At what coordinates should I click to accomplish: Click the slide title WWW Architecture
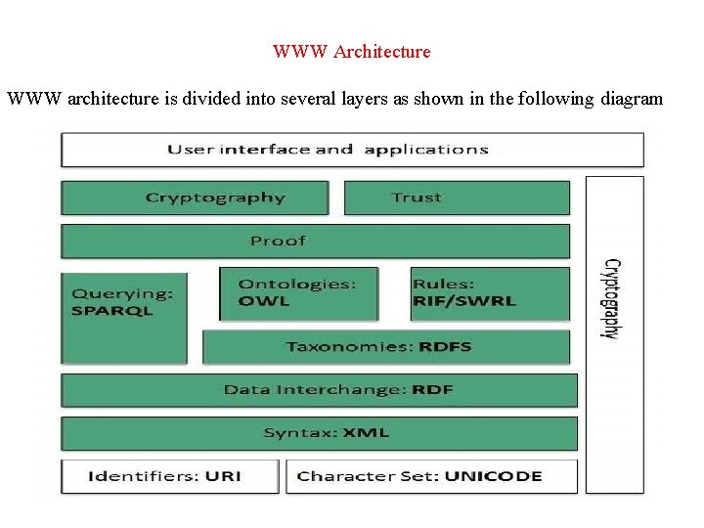(351, 51)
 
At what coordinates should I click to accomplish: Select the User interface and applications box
(352, 150)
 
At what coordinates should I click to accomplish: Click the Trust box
(456, 198)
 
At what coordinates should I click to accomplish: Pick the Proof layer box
(315, 241)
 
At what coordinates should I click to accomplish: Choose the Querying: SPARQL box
(123, 318)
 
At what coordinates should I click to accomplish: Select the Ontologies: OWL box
(298, 293)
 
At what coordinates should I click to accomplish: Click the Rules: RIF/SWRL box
(489, 293)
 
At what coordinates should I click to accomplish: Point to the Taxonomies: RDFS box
(385, 346)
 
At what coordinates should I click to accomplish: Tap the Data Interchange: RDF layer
(319, 389)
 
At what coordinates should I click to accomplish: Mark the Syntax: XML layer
(319, 432)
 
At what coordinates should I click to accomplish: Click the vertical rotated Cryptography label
(610, 298)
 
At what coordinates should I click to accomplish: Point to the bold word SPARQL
(112, 311)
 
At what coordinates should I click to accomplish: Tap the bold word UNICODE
(493, 476)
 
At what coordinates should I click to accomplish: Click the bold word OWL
(264, 301)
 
